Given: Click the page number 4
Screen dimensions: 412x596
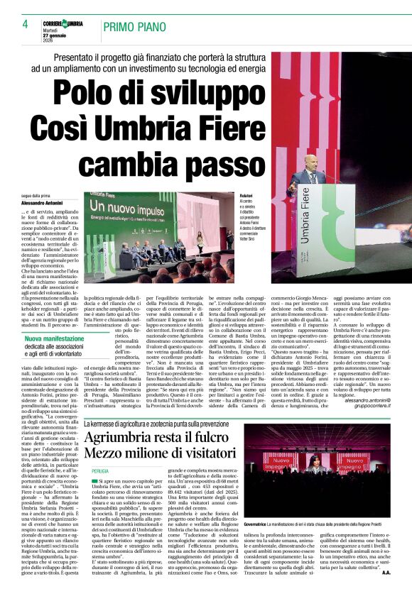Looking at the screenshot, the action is pyautogui.click(x=15, y=26).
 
